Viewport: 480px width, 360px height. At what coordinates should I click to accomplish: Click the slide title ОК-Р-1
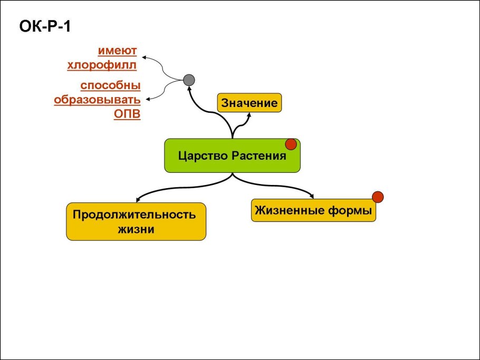tap(45, 26)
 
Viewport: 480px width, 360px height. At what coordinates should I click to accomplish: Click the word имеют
tap(117, 51)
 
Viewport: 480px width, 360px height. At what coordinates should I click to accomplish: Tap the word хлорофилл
tap(102, 65)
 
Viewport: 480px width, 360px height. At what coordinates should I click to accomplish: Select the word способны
tap(110, 85)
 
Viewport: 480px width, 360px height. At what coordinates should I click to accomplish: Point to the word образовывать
tap(97, 100)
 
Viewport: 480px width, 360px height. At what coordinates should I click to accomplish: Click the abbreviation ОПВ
tap(128, 114)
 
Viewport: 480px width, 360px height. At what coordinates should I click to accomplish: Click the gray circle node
tap(189, 81)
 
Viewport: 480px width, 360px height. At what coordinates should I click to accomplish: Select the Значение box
tap(249, 103)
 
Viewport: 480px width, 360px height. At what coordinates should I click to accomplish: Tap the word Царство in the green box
tap(201, 156)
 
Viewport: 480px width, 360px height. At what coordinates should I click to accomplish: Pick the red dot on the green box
tap(291, 144)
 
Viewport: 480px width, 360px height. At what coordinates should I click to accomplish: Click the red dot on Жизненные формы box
tap(378, 197)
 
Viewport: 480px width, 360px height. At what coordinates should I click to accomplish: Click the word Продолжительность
tap(135, 215)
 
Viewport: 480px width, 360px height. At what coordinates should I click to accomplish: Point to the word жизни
tap(136, 230)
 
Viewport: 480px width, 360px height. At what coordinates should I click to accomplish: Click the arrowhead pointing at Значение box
tap(248, 114)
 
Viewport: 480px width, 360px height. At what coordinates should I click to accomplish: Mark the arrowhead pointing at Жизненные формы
tap(311, 197)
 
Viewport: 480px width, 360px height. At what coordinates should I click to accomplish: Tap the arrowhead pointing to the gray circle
tap(189, 90)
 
